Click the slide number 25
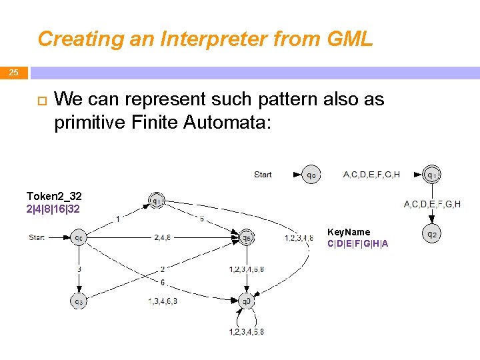pyautogui.click(x=13, y=73)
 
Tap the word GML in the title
pyautogui.click(x=349, y=39)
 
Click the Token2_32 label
pyautogui.click(x=54, y=196)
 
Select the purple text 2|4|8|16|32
pyautogui.click(x=53, y=209)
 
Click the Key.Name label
pyautogui.click(x=349, y=232)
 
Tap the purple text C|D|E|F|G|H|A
pyautogui.click(x=358, y=243)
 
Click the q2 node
pyautogui.click(x=432, y=235)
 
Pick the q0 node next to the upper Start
pyautogui.click(x=311, y=175)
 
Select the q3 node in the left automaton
pyautogui.click(x=79, y=301)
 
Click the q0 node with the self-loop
pyautogui.click(x=247, y=301)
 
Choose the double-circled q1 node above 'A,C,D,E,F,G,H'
pyautogui.click(x=432, y=175)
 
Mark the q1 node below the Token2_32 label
pyautogui.click(x=157, y=200)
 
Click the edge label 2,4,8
pyautogui.click(x=163, y=237)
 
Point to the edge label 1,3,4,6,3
pyautogui.click(x=163, y=301)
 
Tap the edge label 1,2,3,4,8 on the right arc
pyautogui.click(x=299, y=237)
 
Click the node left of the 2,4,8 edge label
pyautogui.click(x=79, y=237)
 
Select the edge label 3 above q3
pyautogui.click(x=79, y=269)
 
